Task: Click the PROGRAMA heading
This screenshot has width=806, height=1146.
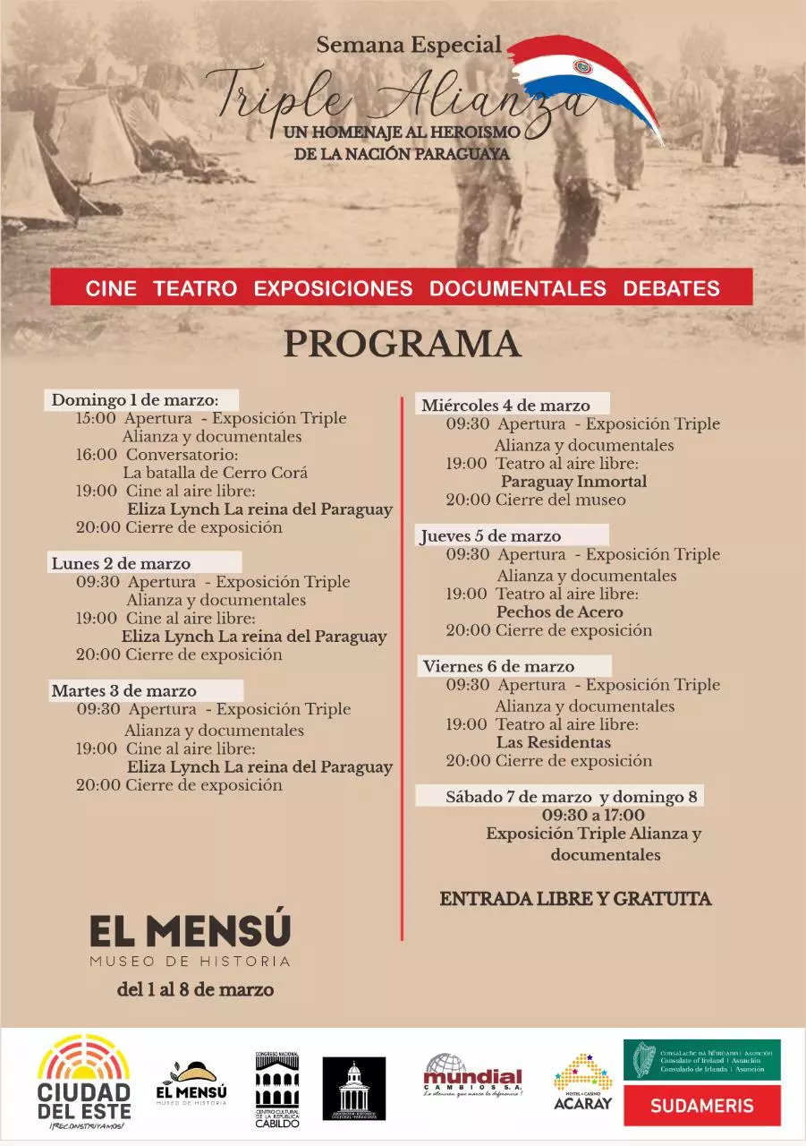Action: pos(403,345)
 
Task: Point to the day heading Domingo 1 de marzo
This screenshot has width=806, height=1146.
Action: pos(134,399)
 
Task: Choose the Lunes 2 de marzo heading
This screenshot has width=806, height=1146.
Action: pos(121,563)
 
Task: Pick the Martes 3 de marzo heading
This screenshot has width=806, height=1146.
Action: pos(123,690)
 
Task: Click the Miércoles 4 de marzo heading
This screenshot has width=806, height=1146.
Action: pos(506,405)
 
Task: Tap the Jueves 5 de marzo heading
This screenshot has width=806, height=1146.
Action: pos(491,535)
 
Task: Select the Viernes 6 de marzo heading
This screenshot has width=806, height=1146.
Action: pos(499,666)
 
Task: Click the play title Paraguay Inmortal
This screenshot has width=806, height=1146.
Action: pos(573,482)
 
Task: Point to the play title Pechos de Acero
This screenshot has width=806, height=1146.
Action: pos(560,612)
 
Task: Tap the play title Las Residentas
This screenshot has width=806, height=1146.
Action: pos(554,742)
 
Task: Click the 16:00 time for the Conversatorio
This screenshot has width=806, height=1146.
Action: pos(96,455)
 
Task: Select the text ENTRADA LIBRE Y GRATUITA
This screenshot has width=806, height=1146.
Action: pos(575,899)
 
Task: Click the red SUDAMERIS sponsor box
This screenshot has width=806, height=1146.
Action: pos(702,1105)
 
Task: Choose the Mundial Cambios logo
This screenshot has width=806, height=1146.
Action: pos(472,1075)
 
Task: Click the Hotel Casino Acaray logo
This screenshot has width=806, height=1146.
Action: pos(582,1082)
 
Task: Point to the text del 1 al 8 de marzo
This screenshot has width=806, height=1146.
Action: pos(195,990)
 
